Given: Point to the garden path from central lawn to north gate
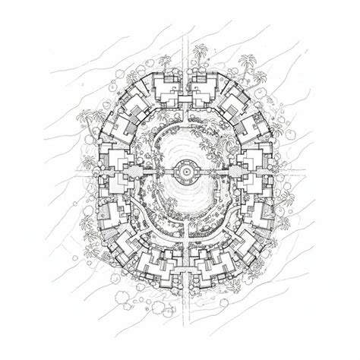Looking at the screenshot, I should click(x=183, y=122).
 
